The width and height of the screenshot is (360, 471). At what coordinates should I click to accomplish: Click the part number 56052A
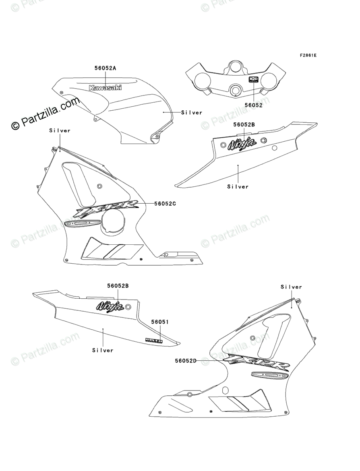[106, 68]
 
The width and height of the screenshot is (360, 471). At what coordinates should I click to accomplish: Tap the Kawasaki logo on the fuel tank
[105, 87]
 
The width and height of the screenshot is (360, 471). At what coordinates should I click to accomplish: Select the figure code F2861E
[308, 55]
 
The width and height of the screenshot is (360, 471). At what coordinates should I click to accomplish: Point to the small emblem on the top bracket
[254, 80]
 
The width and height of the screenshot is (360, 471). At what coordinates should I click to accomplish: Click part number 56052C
[165, 204]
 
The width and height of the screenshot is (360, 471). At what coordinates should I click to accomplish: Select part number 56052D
[185, 361]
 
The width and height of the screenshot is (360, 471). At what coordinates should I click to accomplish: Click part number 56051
[160, 322]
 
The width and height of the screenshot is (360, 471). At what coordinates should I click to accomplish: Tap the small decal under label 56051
[154, 341]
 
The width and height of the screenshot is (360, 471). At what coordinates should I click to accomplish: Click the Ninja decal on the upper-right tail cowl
[242, 143]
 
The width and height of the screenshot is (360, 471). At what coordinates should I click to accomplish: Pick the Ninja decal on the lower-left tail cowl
[110, 306]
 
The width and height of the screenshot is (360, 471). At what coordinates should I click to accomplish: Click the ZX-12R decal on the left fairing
[106, 209]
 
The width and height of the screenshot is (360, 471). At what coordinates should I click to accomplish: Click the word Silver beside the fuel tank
[192, 113]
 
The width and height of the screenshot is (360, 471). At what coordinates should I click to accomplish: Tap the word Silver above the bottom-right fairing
[291, 287]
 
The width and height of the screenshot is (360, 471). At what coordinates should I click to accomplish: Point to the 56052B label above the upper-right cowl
[244, 125]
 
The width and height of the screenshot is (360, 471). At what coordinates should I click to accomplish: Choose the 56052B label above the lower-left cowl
[118, 286]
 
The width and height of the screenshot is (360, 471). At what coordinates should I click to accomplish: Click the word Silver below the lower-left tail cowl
[103, 350]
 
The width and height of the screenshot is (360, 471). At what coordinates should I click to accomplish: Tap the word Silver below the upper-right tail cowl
[238, 186]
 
